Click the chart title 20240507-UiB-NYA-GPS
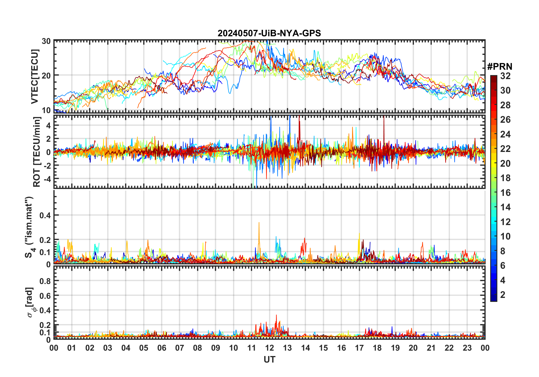[269, 33]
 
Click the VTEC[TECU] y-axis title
[35, 77]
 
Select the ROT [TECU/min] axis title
[37, 152]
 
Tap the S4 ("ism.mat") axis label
[29, 227]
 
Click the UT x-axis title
[269, 360]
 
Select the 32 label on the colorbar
[505, 76]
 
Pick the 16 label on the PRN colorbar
[505, 193]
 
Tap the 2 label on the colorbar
[503, 295]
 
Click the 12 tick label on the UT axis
[269, 348]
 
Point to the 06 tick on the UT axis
[162, 348]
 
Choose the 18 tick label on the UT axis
[377, 348]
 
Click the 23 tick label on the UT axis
[467, 348]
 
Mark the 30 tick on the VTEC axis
[46, 41]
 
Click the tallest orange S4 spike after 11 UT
[259, 223]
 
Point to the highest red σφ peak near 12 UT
[276, 315]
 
